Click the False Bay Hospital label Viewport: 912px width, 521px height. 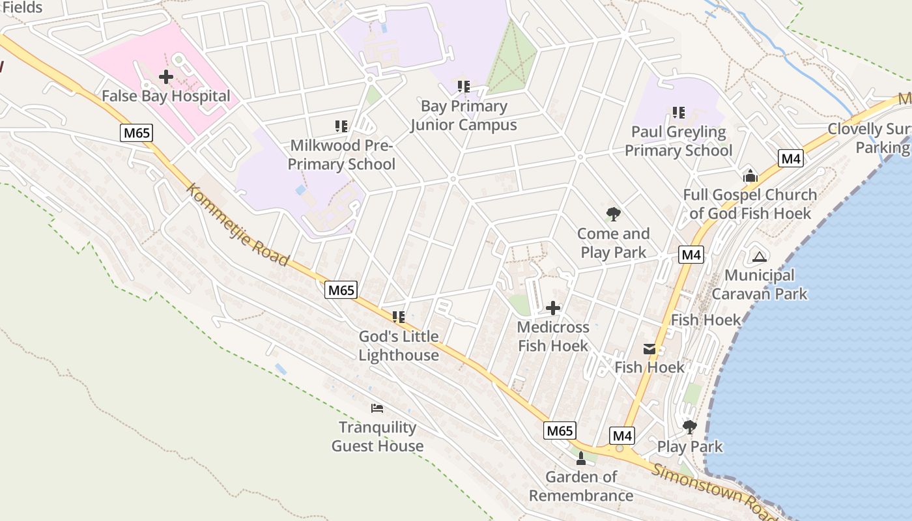(166, 96)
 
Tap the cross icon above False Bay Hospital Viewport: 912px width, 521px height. (166, 77)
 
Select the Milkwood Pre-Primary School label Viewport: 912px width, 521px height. (341, 154)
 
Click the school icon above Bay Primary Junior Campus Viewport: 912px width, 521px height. (463, 86)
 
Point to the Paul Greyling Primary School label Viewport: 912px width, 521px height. (678, 141)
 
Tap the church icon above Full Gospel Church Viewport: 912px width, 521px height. (750, 176)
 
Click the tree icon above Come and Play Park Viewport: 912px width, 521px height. (613, 214)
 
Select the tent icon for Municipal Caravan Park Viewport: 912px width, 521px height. (759, 256)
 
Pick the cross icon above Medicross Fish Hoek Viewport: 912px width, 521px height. (553, 308)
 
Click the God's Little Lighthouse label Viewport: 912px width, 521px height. (399, 346)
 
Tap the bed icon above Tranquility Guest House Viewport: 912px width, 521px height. (377, 408)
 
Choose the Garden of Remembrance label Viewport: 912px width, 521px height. (581, 486)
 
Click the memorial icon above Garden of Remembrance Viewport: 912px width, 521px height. (581, 458)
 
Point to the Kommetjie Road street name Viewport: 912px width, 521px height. (238, 225)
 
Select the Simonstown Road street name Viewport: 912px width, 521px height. (713, 492)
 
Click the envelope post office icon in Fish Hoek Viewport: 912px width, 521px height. (649, 349)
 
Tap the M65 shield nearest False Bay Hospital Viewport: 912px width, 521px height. (136, 134)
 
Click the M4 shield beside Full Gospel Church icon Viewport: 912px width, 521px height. (791, 158)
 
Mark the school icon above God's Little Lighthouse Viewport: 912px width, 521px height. (399, 317)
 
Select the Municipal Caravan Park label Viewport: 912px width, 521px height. (759, 285)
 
